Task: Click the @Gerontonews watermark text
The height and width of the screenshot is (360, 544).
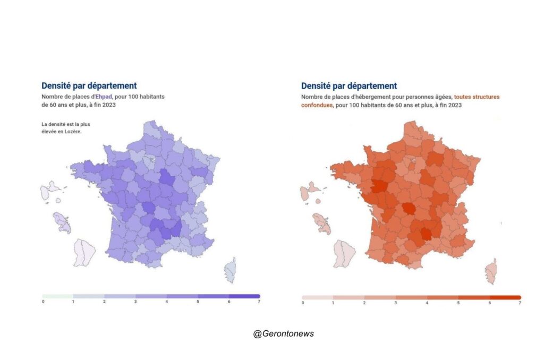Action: [x=283, y=333]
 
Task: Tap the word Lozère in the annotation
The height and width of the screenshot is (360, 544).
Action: [x=73, y=132]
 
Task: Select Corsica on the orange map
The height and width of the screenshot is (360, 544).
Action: [x=490, y=271]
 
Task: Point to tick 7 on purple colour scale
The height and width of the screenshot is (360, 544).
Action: [x=259, y=302]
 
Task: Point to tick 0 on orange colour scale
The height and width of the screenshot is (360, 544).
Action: [x=303, y=303]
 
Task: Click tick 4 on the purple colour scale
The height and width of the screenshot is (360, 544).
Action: [x=166, y=302]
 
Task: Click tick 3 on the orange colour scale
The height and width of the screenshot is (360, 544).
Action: [x=396, y=303]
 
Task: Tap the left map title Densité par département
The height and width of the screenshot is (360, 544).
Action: [x=89, y=85]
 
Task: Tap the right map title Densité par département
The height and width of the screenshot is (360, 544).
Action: [x=348, y=85]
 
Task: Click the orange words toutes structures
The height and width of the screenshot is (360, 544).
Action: [x=477, y=97]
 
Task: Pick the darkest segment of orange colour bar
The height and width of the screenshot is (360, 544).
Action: [x=505, y=297]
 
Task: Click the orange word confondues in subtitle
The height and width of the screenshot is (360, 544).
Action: [x=317, y=105]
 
